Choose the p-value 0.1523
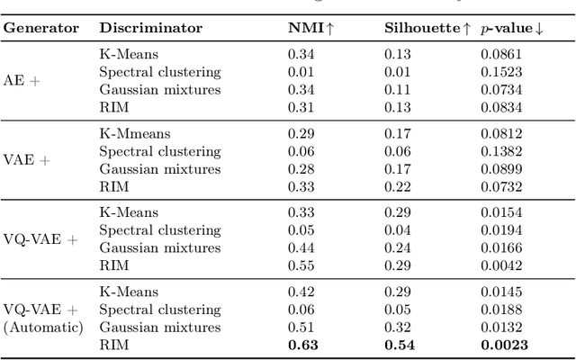tap(499, 71)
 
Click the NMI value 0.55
tap(301, 265)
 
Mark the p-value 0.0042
tap(499, 265)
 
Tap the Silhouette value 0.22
tap(399, 186)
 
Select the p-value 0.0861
tap(499, 54)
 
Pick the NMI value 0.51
tap(301, 327)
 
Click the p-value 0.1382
tap(499, 152)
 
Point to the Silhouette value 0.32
tap(399, 327)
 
